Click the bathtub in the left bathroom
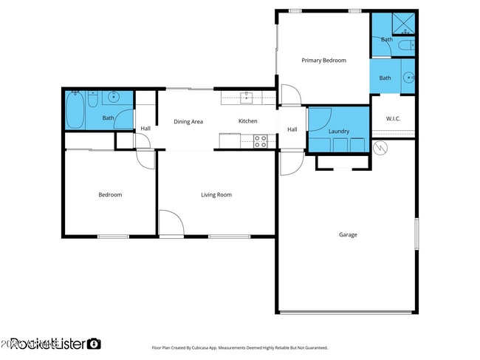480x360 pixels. pos(74,109)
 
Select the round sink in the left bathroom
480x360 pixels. pos(113,97)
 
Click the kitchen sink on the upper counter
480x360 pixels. pos(247,95)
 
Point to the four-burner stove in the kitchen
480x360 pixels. pos(261,140)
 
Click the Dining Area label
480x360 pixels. pos(188,121)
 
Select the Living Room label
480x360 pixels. pos(216,195)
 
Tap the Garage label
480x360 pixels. pos(348,235)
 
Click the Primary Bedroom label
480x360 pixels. pos(323,61)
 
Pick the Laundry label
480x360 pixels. pos(338,131)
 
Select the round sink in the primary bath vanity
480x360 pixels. pos(409,76)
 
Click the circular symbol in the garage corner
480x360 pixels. pos(381,149)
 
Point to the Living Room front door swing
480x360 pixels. pos(170,223)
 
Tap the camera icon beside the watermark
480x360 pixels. pos(94,344)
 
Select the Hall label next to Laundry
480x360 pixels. pos(292,130)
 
